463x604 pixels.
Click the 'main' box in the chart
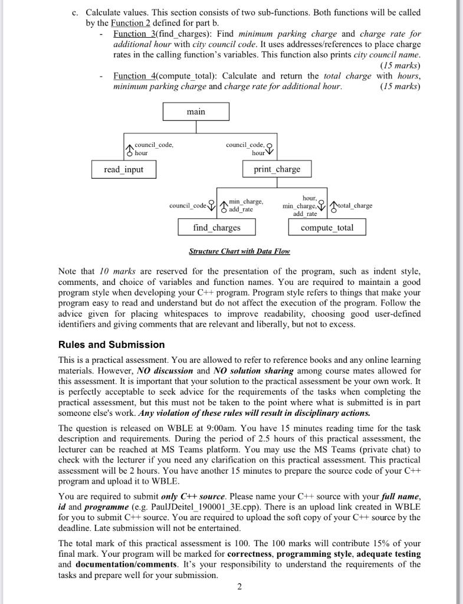tap(196, 111)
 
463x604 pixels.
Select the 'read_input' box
tap(123, 169)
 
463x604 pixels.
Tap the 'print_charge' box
tap(277, 169)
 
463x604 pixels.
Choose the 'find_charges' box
tap(216, 227)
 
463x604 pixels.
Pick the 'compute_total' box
tap(327, 227)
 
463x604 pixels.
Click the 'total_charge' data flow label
tap(355, 206)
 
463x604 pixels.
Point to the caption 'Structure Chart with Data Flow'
tap(239, 251)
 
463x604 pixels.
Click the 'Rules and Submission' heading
tap(111, 344)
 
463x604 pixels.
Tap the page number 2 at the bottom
tap(239, 586)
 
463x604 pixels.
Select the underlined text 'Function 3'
tap(133, 33)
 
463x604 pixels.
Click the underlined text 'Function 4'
tap(133, 75)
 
